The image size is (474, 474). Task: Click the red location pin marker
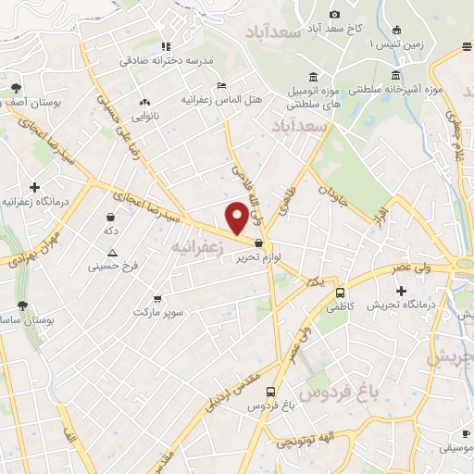(x=238, y=217)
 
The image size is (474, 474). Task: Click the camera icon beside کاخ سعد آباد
(x=335, y=14)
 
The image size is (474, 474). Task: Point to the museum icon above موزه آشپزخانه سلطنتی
(x=396, y=75)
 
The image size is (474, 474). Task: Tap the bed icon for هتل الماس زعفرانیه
(x=219, y=85)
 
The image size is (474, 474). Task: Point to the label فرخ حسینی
(x=113, y=267)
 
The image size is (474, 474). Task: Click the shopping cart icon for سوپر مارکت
(x=157, y=298)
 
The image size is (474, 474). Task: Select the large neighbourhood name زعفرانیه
(x=196, y=247)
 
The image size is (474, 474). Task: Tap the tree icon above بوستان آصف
(x=17, y=89)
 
